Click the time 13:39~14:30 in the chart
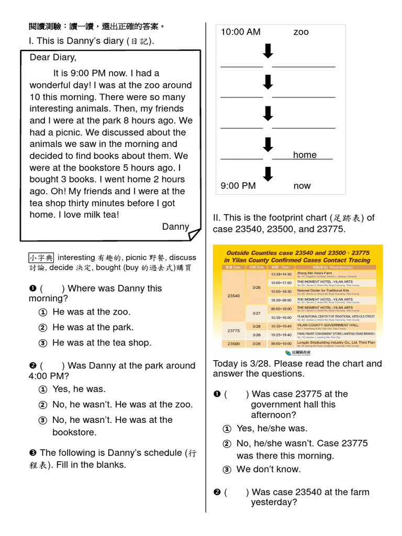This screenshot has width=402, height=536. coord(282,274)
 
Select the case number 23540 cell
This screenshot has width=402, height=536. coord(233,296)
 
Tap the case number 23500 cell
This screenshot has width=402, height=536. coord(233,343)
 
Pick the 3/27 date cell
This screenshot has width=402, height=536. coord(256,313)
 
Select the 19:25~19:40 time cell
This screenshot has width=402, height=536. coord(282,334)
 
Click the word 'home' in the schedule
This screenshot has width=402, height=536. coord(305,155)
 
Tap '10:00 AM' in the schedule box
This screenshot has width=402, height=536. coord(240,32)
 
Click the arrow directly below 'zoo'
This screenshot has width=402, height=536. coord(267,51)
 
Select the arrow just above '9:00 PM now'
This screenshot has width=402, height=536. coord(267,174)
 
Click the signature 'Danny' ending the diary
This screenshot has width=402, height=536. coord(175,227)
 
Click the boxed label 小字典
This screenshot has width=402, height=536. coord(41,258)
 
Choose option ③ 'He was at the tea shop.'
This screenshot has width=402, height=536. coord(102,343)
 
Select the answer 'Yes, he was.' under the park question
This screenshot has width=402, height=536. coord(79,389)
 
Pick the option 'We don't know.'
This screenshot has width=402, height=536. coord(268,469)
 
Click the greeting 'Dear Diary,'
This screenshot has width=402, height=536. coord(53,58)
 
